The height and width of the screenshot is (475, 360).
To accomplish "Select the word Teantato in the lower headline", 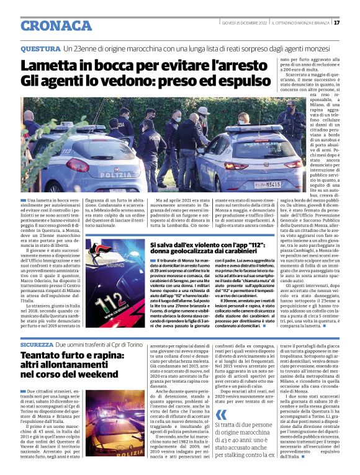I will pos(45,355).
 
